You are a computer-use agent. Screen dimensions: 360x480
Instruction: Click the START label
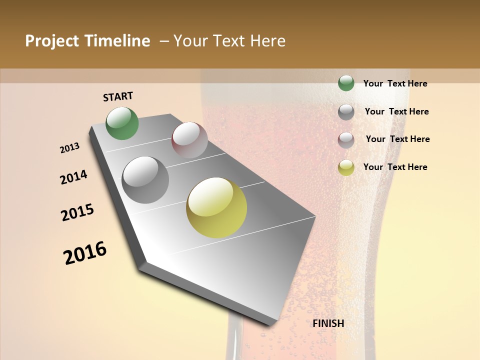click(x=118, y=96)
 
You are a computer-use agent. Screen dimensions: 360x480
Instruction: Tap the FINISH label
click(x=328, y=323)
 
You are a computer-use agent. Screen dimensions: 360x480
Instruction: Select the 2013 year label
click(x=69, y=148)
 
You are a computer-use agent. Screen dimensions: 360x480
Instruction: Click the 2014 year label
click(x=73, y=177)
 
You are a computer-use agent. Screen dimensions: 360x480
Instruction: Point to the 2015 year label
click(x=77, y=212)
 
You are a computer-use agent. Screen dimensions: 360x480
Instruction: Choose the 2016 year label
click(x=85, y=253)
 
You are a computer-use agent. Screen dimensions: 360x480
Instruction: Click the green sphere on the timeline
click(x=122, y=123)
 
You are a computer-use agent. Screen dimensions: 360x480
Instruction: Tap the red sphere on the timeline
click(x=189, y=139)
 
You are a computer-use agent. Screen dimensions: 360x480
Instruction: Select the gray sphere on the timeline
click(x=145, y=179)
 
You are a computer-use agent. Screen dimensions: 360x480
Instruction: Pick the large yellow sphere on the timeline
click(x=216, y=207)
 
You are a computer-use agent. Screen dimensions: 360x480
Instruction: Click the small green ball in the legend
click(x=346, y=83)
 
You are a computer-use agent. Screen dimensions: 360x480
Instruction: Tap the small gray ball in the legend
click(x=346, y=112)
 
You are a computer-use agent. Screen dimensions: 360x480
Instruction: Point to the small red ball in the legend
click(x=346, y=140)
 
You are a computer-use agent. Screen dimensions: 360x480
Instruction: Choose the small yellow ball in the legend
click(x=346, y=167)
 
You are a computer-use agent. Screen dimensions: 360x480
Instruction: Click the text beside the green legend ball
click(x=395, y=83)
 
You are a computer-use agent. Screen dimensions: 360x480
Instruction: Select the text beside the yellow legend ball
click(x=395, y=167)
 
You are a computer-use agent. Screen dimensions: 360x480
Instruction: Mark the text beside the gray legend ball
click(x=396, y=111)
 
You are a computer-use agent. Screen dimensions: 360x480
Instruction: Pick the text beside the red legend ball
click(x=397, y=139)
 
